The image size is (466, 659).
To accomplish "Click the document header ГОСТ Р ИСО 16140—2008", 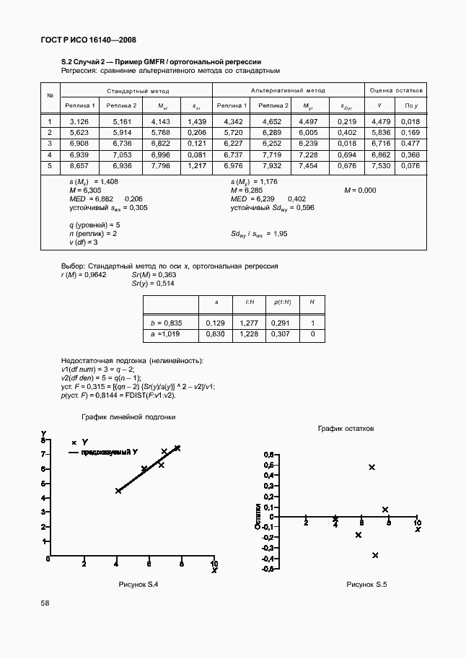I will coord(89,40).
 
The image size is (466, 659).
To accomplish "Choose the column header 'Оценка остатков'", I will coord(396,91).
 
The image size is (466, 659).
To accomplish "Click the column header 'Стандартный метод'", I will coord(138,91).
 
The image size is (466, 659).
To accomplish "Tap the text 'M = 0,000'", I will coord(360,190).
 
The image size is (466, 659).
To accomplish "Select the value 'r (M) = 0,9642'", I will coord(84,275).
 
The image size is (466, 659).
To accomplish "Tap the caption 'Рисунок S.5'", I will coord(366,583).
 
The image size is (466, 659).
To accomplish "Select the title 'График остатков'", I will coord(346,428).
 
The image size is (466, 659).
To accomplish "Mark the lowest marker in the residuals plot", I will coord(375,555).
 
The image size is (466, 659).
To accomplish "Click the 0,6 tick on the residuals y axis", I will coord(270,455).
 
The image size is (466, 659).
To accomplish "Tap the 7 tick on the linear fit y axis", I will coord(44,455).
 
